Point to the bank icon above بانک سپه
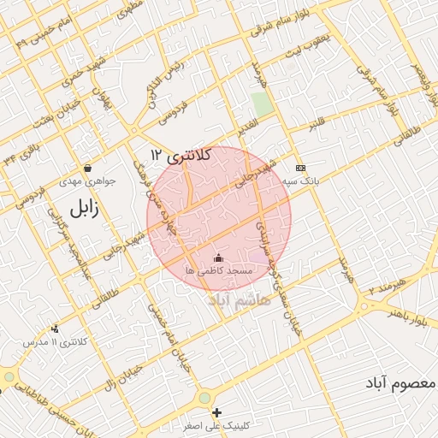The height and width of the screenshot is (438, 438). (x=299, y=168)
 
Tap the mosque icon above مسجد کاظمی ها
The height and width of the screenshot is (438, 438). (x=217, y=257)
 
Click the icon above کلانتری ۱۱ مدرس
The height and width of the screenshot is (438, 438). (x=56, y=328)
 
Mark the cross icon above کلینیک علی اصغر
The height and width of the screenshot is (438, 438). (x=216, y=412)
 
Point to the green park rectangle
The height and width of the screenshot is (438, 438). (x=263, y=105)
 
